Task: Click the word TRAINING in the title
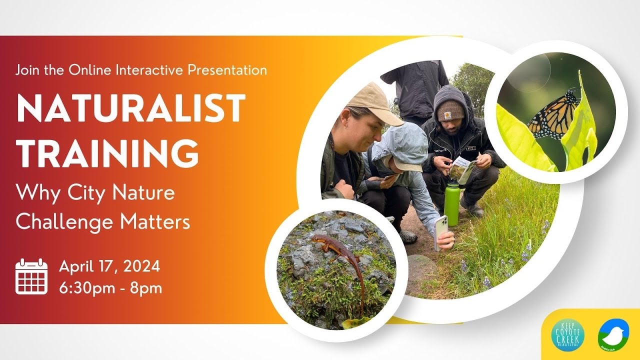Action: [x=107, y=153]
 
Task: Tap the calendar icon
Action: [x=31, y=276]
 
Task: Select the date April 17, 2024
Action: [x=109, y=266]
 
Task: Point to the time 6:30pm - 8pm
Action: [x=110, y=288]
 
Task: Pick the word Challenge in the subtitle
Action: [x=62, y=222]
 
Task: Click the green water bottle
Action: [x=451, y=203]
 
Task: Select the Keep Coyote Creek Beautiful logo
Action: [x=567, y=335]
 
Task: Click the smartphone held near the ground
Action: [x=441, y=230]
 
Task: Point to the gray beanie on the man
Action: [x=450, y=110]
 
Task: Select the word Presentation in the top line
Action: [x=227, y=70]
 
